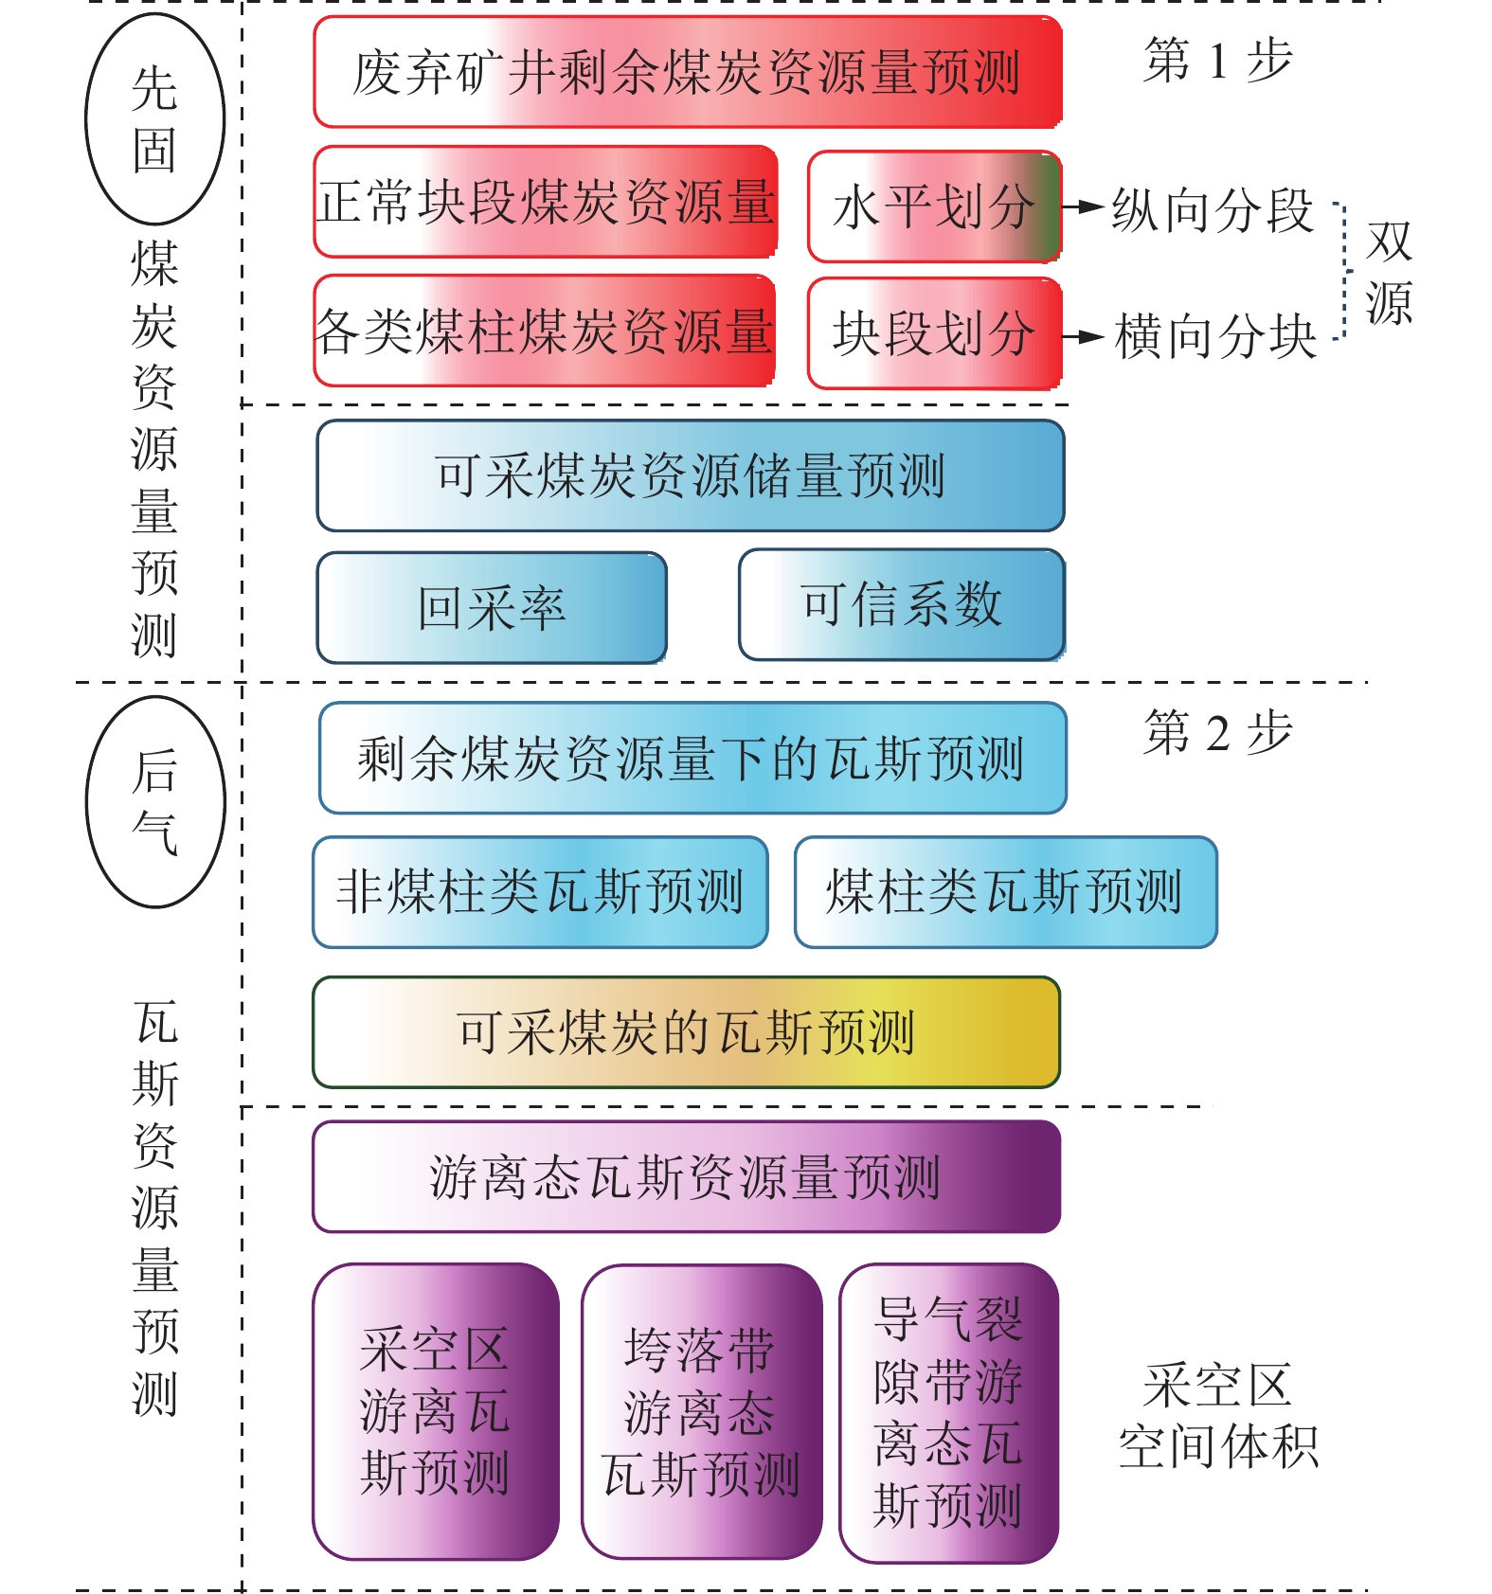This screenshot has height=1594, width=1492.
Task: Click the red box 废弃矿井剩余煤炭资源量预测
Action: point(688,72)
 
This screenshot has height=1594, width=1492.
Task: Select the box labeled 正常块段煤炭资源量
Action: point(546,202)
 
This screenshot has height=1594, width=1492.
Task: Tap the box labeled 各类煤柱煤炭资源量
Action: point(545,331)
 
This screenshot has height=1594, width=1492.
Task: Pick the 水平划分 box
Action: point(935,206)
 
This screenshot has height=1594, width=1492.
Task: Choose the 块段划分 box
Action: point(935,333)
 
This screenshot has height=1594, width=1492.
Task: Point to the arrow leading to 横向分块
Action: point(1084,336)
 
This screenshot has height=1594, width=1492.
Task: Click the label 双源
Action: point(1389,273)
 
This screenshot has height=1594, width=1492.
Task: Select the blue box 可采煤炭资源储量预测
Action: point(691,475)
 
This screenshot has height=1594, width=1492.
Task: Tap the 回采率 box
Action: point(492,607)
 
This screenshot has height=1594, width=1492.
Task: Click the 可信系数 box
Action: point(902,604)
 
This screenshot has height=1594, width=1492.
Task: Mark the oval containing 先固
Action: point(155,119)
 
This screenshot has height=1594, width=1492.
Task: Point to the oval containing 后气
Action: point(155,801)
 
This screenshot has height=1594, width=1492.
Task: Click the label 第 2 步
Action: point(1218,732)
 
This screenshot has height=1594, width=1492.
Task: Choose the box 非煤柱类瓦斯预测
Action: point(540,892)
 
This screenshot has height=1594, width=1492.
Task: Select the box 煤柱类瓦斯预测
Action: point(1006,892)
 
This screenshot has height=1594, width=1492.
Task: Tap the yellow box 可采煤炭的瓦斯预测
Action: point(687,1032)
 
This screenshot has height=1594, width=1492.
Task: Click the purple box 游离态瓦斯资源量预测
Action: point(687,1177)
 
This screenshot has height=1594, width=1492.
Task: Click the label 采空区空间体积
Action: point(1219,1417)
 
